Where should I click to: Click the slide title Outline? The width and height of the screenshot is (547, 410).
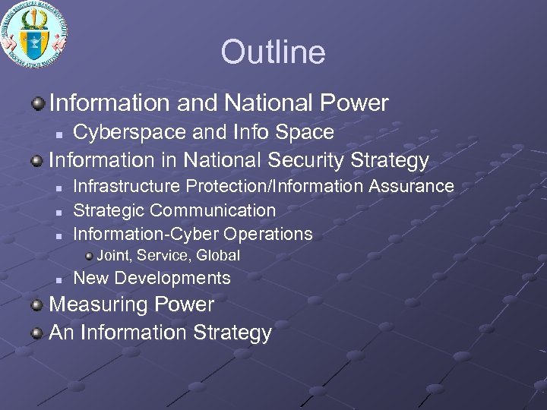coord(273,52)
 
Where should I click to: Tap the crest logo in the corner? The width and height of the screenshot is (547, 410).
coord(34,35)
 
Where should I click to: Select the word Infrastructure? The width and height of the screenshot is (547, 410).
coord(127,186)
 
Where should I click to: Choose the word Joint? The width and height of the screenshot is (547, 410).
coord(113,255)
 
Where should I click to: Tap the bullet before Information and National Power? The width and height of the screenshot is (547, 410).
coord(37,102)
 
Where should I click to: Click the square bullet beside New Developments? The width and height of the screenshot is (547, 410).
coord(58,279)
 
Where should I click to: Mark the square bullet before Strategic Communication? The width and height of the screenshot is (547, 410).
coord(58,210)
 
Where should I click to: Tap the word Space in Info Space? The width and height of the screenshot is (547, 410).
coord(305,132)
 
